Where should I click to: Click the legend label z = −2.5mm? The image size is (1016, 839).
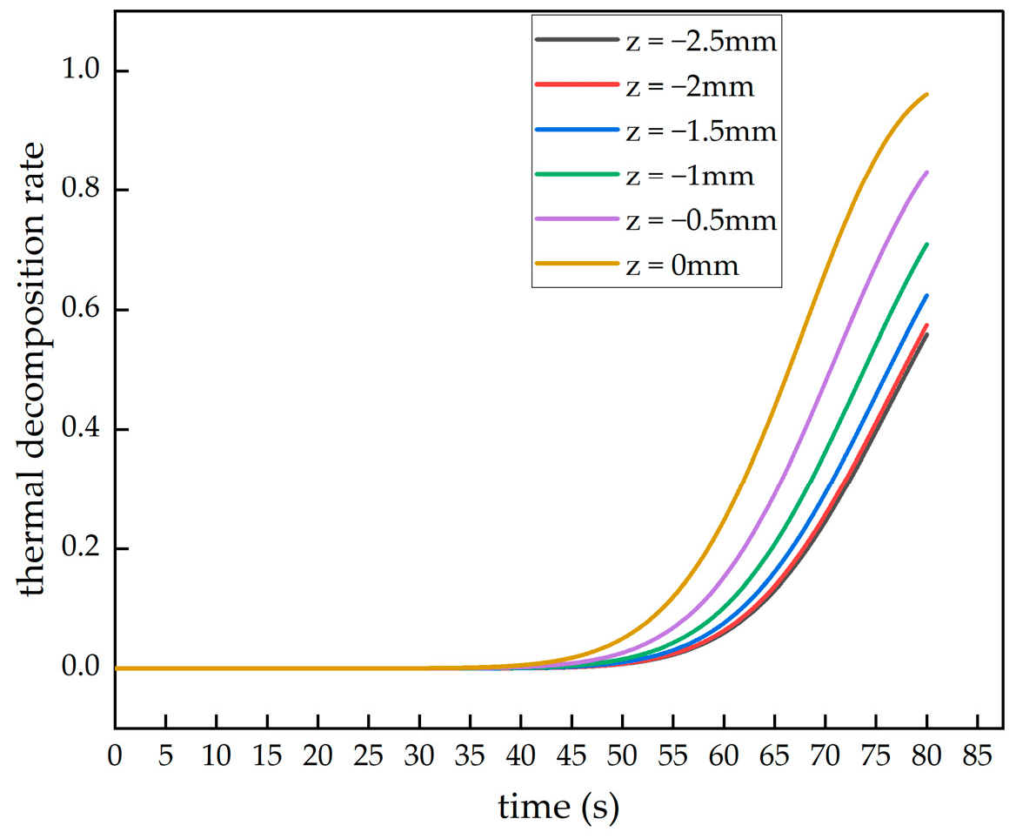click(x=699, y=42)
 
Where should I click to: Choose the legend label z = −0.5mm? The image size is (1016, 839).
click(x=699, y=221)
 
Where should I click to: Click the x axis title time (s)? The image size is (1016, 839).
click(x=558, y=808)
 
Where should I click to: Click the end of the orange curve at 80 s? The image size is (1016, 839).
click(x=927, y=94)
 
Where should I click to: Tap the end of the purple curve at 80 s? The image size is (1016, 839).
click(x=927, y=172)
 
